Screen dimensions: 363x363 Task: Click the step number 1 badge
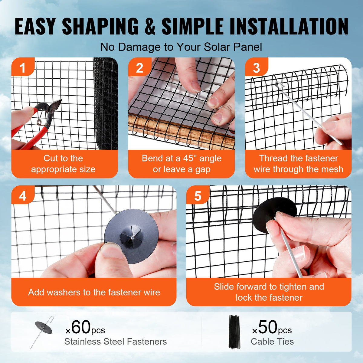[x=22, y=68]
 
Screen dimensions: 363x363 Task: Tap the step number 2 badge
[x=139, y=68]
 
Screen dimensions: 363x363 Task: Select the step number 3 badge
[x=256, y=68]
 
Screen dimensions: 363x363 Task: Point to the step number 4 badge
[x=23, y=196]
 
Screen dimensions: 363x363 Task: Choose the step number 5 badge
[x=198, y=196]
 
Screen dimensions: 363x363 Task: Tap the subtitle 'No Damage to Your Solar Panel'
[x=181, y=47]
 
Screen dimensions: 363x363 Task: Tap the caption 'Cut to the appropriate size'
[x=63, y=164]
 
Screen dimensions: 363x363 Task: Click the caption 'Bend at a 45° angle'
[x=181, y=159]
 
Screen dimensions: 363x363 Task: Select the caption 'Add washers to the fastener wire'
[x=94, y=292]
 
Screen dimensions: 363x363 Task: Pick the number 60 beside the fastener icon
[x=81, y=327]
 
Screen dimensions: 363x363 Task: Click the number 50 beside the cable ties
[x=268, y=327]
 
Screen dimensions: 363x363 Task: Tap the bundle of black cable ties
[x=234, y=332]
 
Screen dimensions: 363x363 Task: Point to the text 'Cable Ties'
[x=272, y=342]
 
